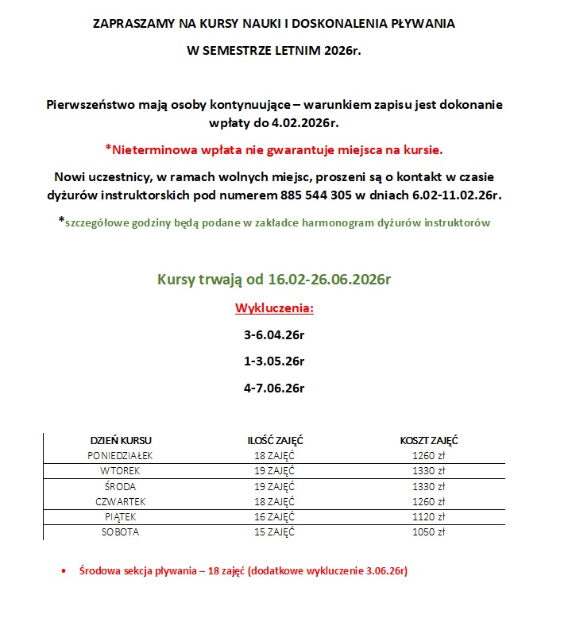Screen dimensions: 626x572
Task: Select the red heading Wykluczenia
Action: tap(274, 308)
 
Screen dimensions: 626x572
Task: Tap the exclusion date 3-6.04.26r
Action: tap(274, 335)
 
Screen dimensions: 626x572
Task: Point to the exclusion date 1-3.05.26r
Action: tap(274, 361)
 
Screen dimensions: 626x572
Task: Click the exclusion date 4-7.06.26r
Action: tap(274, 388)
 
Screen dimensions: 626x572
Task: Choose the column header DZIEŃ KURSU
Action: tap(121, 440)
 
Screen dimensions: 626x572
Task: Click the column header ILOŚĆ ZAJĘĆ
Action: tap(275, 440)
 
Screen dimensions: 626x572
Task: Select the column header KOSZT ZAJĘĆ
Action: tap(429, 440)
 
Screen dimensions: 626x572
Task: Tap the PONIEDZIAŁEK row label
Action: tap(120, 455)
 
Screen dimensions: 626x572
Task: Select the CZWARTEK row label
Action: tap(120, 501)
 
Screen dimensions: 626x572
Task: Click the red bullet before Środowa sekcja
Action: tap(63, 572)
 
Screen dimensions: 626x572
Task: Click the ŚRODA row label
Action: tap(120, 486)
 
